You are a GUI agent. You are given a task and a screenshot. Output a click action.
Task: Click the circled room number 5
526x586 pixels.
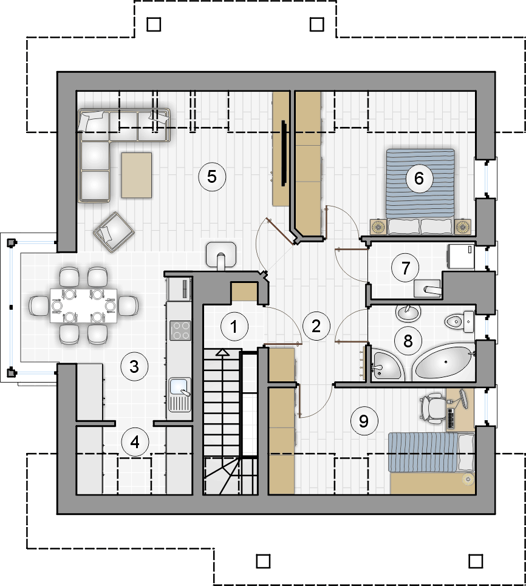tap(212, 176)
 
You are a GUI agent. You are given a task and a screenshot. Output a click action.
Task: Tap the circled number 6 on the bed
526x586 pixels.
tap(420, 179)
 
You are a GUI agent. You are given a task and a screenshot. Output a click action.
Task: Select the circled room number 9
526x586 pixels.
tap(364, 421)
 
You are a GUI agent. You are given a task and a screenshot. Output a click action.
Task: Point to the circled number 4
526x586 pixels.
tap(135, 442)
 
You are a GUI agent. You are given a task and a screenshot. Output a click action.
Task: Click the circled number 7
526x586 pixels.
tap(406, 268)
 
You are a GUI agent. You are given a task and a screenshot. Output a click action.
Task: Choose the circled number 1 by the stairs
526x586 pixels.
tap(234, 326)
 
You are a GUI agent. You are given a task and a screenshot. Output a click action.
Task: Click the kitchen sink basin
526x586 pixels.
tap(179, 387)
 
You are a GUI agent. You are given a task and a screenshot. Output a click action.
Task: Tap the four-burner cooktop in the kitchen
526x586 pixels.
tap(180, 331)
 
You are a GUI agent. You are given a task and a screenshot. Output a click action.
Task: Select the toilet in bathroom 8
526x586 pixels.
tap(459, 321)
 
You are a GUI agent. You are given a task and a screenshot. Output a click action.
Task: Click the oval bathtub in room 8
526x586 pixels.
tap(443, 363)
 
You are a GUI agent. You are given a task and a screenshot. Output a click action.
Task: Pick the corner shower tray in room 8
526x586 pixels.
tap(386, 366)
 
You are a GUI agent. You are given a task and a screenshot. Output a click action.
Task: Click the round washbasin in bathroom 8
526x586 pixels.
tap(409, 313)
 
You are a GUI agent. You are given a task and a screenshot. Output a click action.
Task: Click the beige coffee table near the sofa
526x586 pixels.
tap(137, 175)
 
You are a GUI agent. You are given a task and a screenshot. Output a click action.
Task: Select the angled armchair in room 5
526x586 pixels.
tap(114, 232)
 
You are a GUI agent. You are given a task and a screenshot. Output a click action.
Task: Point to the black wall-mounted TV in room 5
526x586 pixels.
tap(284, 153)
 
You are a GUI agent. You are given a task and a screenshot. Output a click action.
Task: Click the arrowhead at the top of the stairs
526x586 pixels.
tap(223, 352)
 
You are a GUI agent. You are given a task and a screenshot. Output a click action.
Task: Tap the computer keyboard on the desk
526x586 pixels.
tap(451, 418)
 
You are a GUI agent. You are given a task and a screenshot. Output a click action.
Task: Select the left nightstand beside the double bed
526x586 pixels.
tap(378, 227)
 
